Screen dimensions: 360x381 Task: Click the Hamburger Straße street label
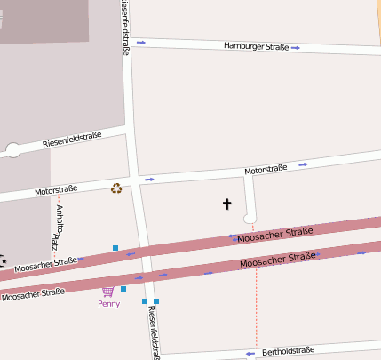click(256, 45)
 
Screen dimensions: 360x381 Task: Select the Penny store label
click(108, 303)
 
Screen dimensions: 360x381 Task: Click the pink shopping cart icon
click(108, 291)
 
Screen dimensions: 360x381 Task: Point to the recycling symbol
click(116, 188)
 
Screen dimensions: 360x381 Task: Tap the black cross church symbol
click(226, 204)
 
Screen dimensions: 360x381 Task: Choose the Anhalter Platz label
click(57, 227)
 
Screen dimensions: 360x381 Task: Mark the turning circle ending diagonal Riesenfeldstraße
click(12, 150)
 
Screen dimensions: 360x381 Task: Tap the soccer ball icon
click(3, 260)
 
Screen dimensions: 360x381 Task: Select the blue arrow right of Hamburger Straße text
click(295, 47)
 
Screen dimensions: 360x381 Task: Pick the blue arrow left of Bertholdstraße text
click(251, 353)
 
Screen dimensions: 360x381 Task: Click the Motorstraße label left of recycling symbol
click(56, 189)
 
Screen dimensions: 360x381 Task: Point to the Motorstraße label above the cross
click(266, 169)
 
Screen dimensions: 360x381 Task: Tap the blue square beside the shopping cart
click(123, 289)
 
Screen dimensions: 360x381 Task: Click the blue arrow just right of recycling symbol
click(149, 180)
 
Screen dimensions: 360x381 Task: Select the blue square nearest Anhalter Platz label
click(115, 247)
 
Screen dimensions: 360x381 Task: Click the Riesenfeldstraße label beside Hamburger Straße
click(125, 28)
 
